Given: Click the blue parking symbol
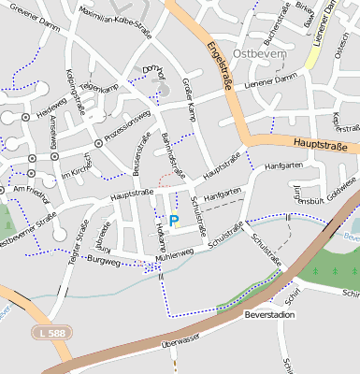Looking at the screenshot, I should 174,220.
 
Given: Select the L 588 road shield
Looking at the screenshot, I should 54,331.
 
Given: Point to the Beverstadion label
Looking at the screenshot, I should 268,315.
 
